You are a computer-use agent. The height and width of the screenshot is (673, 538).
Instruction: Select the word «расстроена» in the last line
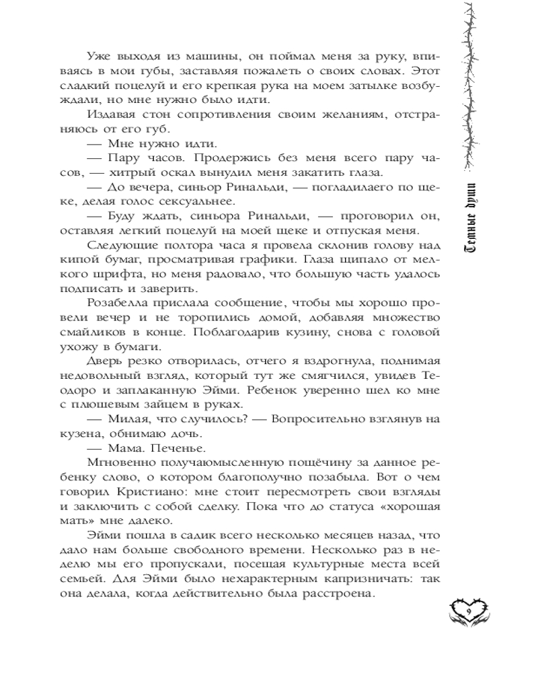[x=342, y=593]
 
